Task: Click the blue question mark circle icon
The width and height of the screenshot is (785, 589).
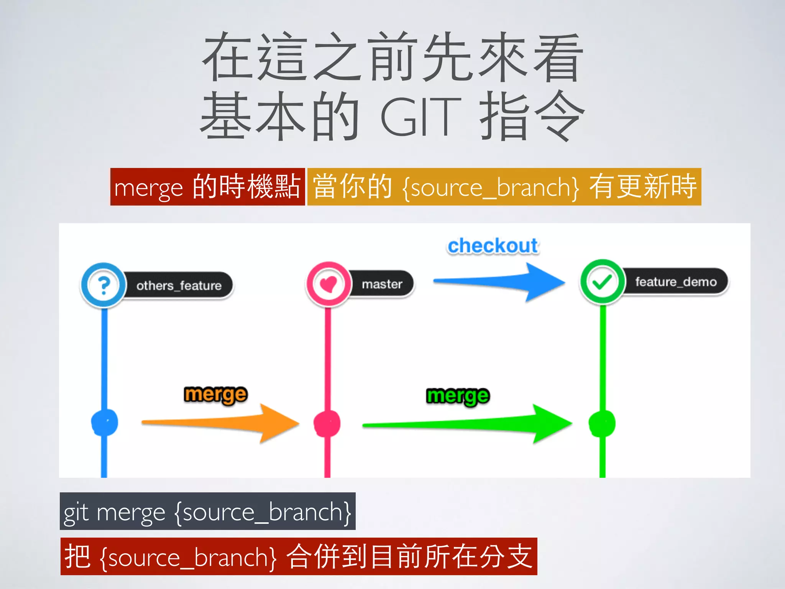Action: [103, 285]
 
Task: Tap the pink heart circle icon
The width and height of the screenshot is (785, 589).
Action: [328, 284]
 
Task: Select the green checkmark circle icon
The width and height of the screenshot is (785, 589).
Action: [602, 282]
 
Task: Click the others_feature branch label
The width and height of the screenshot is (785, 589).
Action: [179, 286]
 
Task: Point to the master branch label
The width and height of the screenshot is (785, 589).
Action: [382, 284]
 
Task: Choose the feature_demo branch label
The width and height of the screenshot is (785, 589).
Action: [676, 282]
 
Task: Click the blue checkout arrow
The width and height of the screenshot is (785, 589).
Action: [498, 282]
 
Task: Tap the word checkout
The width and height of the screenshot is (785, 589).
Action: [493, 246]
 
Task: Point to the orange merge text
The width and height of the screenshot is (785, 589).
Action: [216, 395]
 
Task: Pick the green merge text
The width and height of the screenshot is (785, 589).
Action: [458, 396]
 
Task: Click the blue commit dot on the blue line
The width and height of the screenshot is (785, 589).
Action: [104, 422]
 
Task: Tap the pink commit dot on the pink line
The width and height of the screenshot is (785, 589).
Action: [327, 423]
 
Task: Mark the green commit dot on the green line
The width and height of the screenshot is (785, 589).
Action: [602, 423]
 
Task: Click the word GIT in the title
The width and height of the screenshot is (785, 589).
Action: [420, 116]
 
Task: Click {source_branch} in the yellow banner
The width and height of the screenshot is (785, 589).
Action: [491, 188]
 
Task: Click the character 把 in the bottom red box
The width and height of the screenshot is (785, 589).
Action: [77, 556]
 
